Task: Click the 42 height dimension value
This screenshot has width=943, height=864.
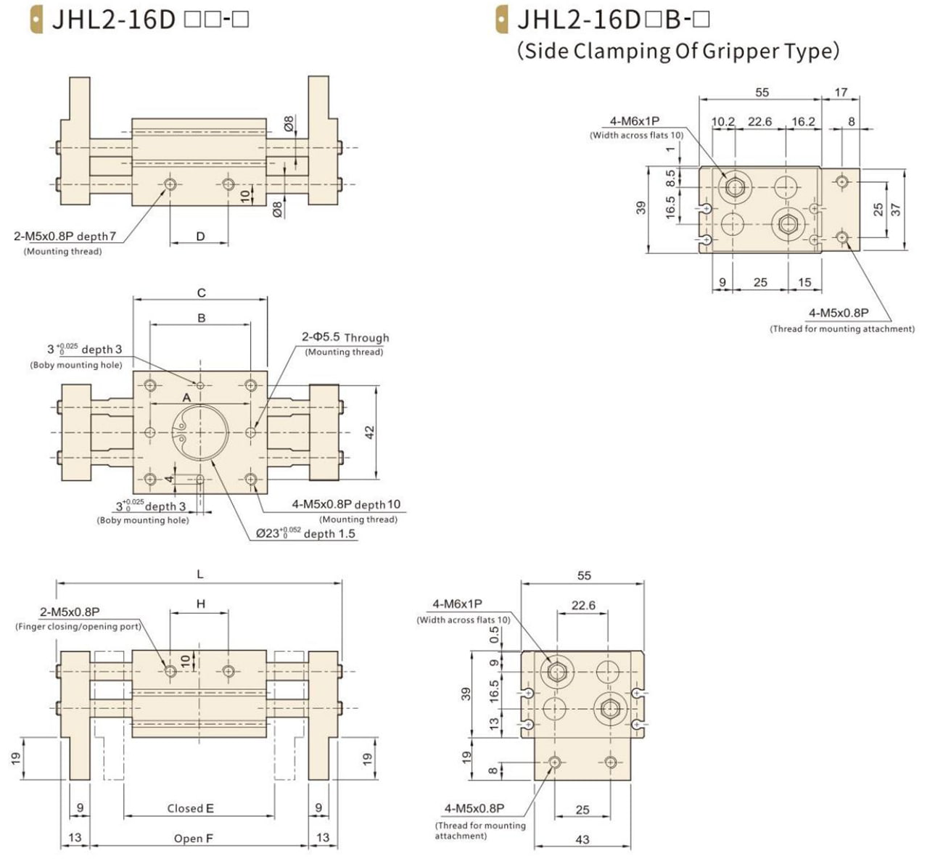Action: coord(370,432)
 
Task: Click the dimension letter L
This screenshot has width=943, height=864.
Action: coord(200,574)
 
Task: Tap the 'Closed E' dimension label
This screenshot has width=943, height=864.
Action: coord(190,808)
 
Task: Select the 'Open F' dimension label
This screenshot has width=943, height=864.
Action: coord(194,839)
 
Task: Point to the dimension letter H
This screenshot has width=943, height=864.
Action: coord(201,604)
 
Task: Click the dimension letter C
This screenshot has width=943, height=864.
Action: coord(201,293)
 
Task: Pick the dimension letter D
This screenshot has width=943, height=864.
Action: coord(200,236)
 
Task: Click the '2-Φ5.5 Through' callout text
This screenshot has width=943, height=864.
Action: coord(345,337)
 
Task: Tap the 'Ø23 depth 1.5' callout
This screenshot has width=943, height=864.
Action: coord(306,533)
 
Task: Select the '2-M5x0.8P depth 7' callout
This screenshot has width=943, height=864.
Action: coord(65,236)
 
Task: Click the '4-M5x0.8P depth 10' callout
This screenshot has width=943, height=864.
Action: coord(346,504)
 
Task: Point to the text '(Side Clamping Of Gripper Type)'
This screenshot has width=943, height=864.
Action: coord(678,51)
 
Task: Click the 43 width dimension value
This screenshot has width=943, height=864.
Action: coord(582,839)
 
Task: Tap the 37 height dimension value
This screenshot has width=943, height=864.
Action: coord(896,209)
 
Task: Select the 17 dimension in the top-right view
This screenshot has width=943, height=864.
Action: coord(841,92)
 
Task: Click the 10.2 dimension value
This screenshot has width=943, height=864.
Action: coord(722,121)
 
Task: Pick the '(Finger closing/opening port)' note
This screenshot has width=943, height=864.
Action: coord(78,626)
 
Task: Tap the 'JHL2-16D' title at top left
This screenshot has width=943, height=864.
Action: coord(114,19)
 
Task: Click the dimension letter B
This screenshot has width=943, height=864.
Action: coord(201,318)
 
